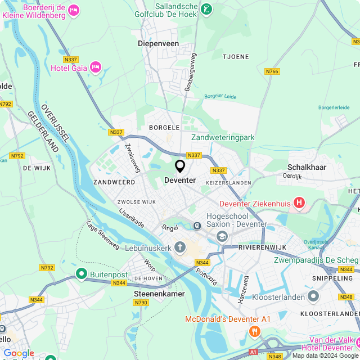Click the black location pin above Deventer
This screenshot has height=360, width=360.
click(180, 166)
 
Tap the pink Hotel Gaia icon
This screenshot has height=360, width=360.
click(95, 67)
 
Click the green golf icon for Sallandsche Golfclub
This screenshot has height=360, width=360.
click(207, 8)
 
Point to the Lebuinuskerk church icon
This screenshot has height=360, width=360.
click(179, 246)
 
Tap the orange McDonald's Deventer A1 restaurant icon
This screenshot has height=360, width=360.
click(254, 331)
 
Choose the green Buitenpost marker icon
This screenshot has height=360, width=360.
click(82, 274)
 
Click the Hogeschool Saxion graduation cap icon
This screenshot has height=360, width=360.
click(222, 236)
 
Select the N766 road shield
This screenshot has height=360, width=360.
click(272, 71)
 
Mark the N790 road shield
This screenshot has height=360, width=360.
click(141, 303)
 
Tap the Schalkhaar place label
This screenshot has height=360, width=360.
click(307, 167)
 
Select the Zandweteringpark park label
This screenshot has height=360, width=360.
click(223, 137)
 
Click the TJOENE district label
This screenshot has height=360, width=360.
click(235, 56)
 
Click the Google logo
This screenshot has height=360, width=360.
click(19, 353)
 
